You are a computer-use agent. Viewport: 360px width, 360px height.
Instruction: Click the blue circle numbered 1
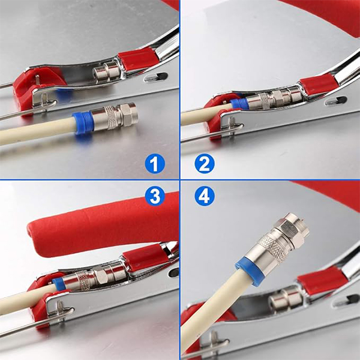coord(155,164)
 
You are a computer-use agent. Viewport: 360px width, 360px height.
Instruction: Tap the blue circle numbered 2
coord(205,164)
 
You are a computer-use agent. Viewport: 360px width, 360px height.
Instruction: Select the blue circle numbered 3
coord(155,196)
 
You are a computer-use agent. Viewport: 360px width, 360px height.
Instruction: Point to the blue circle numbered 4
coord(205,196)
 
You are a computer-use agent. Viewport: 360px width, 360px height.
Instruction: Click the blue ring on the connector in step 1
coord(82,124)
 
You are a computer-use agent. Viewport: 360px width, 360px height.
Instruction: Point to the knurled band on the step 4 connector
coord(273,248)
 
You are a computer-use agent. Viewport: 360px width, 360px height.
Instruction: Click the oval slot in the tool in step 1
coord(156,77)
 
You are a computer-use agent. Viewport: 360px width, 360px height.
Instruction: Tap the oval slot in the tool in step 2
coord(335,101)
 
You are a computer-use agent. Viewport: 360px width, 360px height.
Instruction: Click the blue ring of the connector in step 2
coord(239,104)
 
